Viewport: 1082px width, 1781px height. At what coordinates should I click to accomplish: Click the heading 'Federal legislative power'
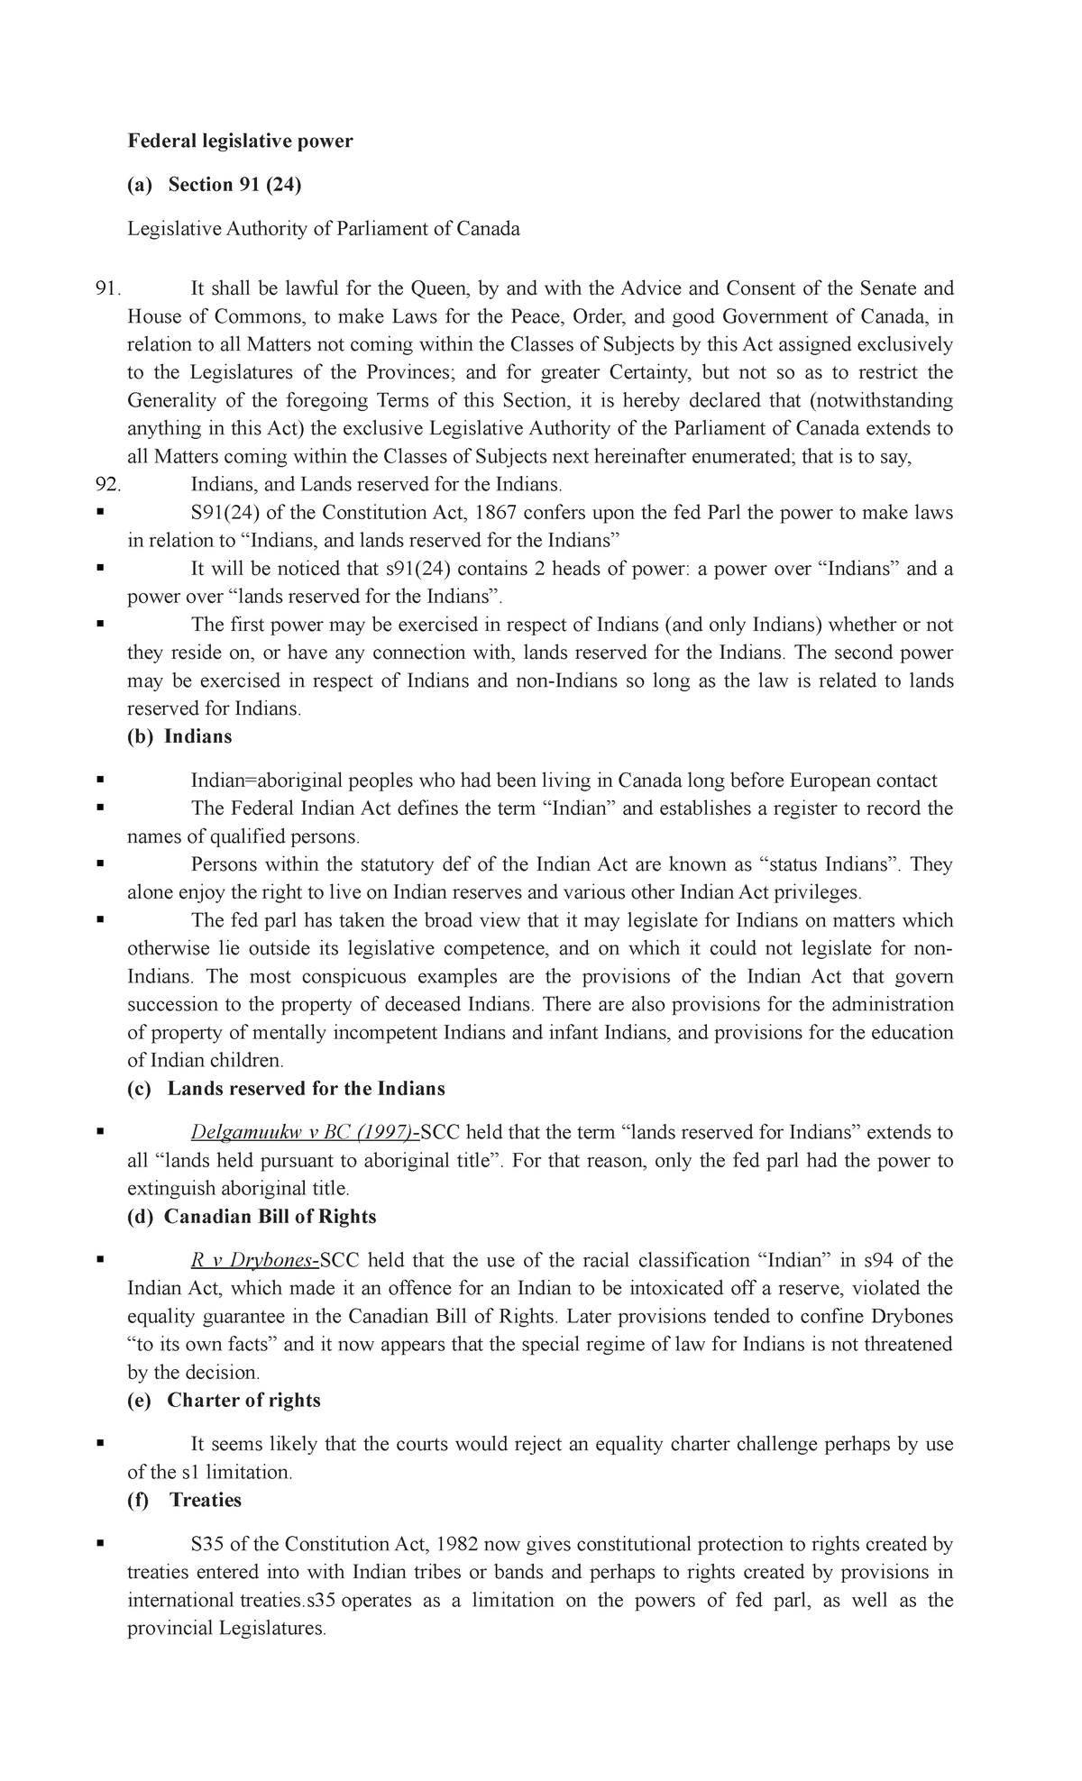coord(240,141)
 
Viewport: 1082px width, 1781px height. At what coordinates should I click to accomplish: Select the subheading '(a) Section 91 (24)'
coord(214,185)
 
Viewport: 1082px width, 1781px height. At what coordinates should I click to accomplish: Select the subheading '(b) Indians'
coord(179,736)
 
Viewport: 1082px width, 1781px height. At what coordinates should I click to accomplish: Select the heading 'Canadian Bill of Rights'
coord(270,1217)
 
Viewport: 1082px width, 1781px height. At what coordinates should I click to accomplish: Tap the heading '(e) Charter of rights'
coord(224,1400)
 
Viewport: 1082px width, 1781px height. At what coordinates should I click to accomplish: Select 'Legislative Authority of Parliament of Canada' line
coord(324,229)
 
